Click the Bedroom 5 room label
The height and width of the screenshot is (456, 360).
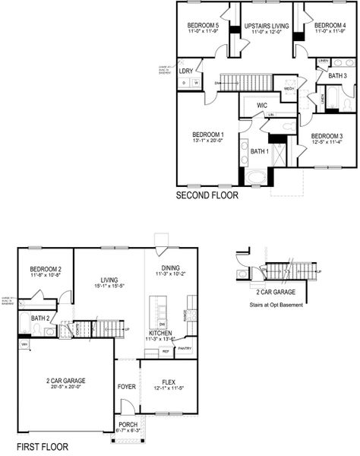(203, 26)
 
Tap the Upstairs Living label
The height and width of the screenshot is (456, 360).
(266, 26)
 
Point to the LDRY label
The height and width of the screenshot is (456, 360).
(186, 71)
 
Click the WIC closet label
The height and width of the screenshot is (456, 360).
(261, 105)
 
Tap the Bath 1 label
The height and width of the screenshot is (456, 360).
(260, 152)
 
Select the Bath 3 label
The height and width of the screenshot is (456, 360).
(337, 76)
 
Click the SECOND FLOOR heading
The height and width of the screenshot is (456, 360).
(207, 195)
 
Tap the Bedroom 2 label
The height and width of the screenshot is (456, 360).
(46, 270)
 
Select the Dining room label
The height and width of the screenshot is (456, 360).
(170, 268)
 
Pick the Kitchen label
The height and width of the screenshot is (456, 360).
(160, 333)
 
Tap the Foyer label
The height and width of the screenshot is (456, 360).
(127, 386)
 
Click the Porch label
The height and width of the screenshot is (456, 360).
(127, 426)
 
